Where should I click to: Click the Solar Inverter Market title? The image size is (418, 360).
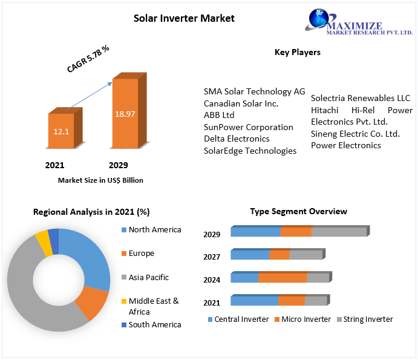pos(184,18)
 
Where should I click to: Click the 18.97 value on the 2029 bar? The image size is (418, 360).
pos(125,114)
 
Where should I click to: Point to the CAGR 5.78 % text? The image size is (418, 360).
pos(88,59)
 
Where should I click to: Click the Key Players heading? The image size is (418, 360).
pos(298,52)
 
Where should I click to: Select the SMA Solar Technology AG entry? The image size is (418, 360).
pos(254,91)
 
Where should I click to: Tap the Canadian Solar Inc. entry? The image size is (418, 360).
pos(241,103)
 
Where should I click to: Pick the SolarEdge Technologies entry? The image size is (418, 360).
pos(250,151)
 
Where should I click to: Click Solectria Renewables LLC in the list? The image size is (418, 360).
pos(361,98)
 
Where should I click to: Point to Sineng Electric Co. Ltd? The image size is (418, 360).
pos(356,134)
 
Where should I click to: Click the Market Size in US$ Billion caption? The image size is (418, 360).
pos(100,180)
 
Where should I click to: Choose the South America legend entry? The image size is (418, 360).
pos(154,324)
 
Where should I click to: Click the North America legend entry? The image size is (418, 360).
pos(154,230)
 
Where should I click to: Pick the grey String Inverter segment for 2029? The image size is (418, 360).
pos(339,232)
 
